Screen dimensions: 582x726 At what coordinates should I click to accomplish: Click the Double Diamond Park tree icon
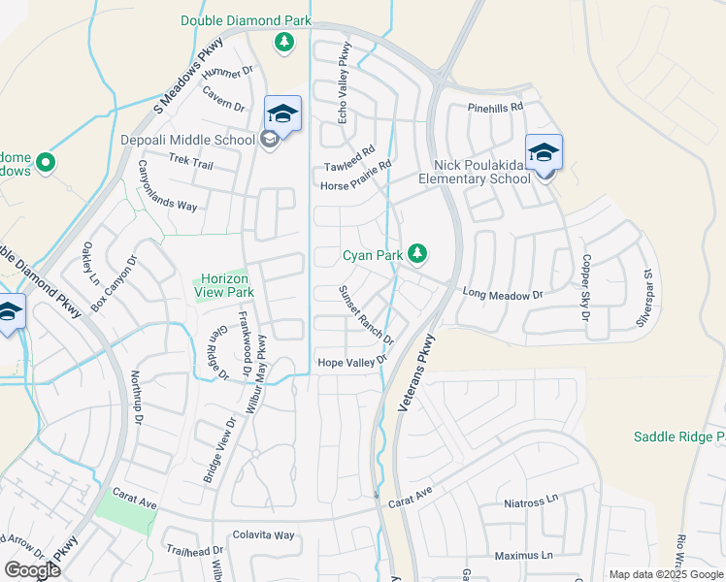(x=284, y=42)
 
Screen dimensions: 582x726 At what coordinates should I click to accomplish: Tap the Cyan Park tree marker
(x=417, y=254)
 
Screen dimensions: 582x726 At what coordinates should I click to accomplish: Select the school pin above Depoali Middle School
(x=282, y=114)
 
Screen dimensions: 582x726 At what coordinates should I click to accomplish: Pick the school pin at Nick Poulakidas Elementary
(x=544, y=153)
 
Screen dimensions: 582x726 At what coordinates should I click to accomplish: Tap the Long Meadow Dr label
(x=502, y=293)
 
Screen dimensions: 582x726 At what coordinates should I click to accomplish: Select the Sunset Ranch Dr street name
(x=367, y=316)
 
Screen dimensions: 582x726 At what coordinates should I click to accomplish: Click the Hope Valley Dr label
(x=353, y=362)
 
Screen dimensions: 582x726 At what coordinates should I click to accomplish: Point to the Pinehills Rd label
(x=495, y=107)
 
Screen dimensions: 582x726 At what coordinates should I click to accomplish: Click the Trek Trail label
(x=190, y=163)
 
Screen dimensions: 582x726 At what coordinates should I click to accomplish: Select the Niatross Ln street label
(x=533, y=502)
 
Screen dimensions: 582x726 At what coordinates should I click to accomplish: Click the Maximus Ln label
(x=523, y=555)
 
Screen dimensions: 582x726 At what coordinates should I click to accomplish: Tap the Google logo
(x=32, y=569)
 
